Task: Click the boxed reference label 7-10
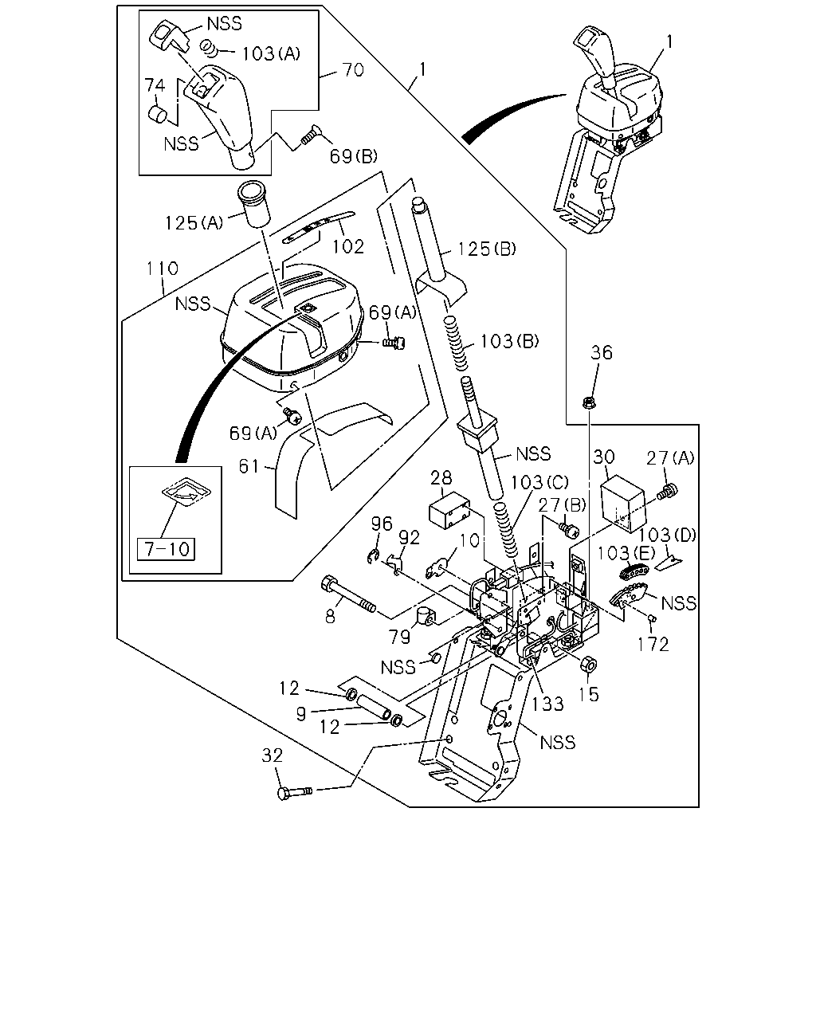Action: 166,549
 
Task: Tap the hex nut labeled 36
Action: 589,403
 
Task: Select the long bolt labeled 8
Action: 348,594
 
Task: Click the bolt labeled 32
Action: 294,792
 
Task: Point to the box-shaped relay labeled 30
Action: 623,504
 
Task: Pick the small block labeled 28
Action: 449,513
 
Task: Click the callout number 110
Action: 162,269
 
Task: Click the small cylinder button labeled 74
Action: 157,114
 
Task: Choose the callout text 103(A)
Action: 271,53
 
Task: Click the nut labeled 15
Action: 588,665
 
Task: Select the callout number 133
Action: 547,704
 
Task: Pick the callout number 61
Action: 249,466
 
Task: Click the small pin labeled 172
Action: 652,617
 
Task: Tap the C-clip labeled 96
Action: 373,556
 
